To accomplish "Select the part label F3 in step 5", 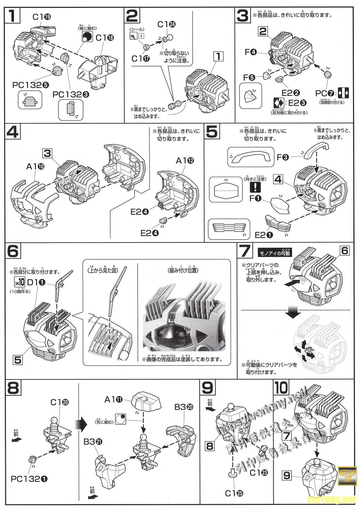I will tap(283, 157).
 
